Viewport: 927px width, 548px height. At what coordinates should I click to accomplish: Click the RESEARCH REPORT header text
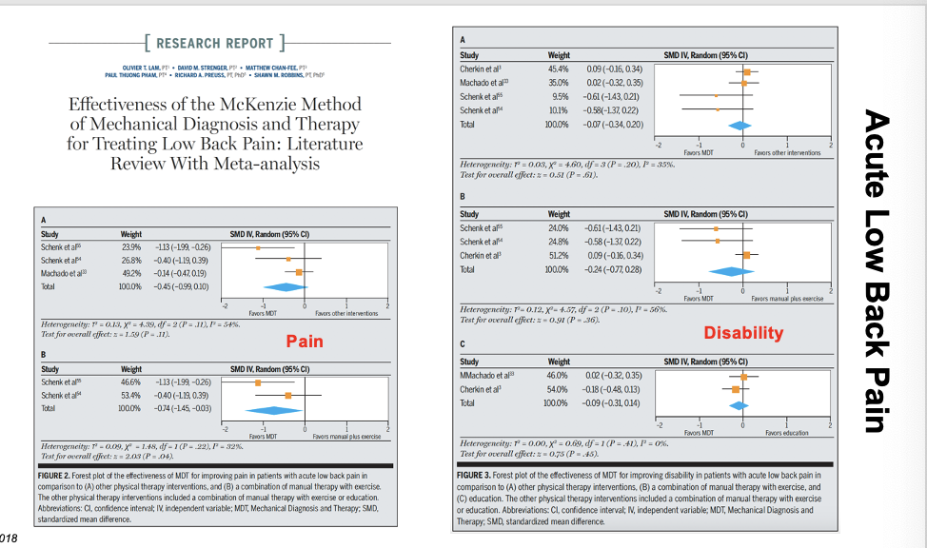point(214,43)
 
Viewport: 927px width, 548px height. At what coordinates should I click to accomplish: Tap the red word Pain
point(305,341)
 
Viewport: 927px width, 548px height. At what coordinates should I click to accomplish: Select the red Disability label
point(743,332)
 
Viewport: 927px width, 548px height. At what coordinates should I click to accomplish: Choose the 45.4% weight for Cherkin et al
point(560,69)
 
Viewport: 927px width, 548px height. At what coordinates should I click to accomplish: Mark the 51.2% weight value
point(560,255)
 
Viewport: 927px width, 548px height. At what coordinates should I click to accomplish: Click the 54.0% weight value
point(560,389)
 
